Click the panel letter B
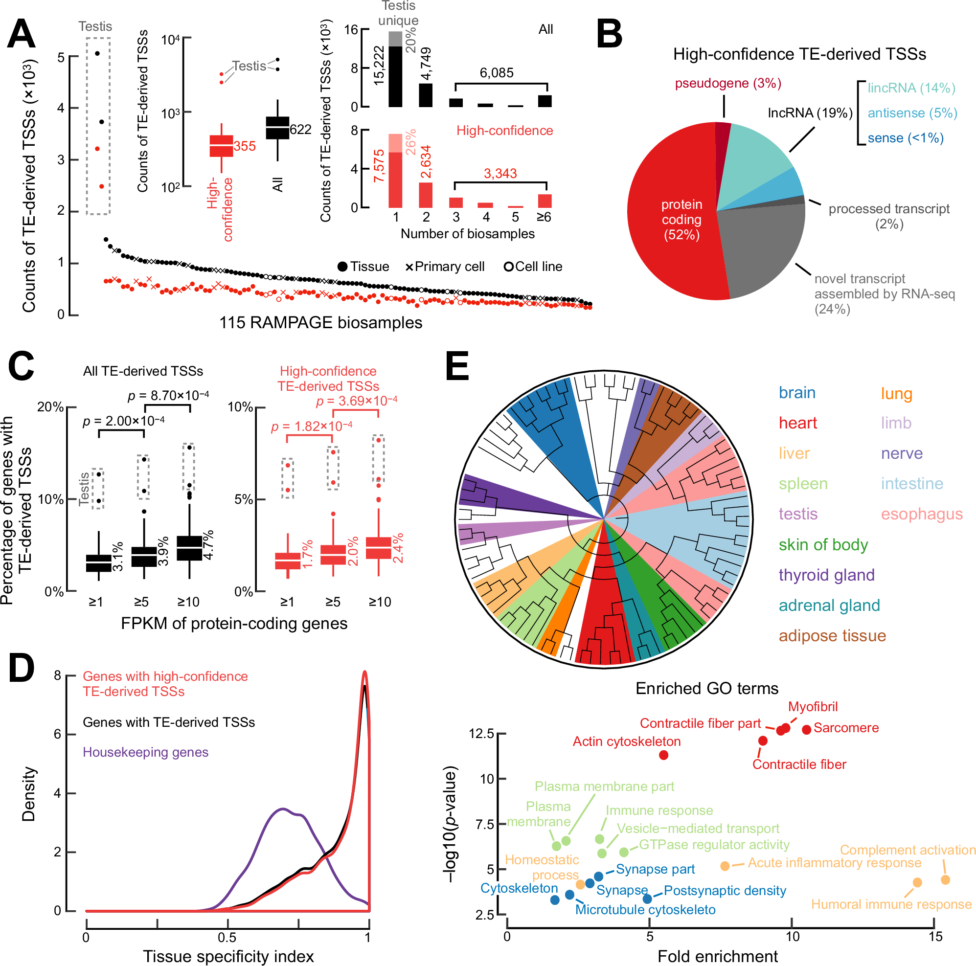[609, 34]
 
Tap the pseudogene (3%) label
[728, 83]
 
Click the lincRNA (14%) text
[911, 88]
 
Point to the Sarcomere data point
[806, 729]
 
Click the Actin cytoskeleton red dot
[664, 754]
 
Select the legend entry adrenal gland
[829, 605]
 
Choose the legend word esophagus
[921, 514]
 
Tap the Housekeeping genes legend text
[145, 752]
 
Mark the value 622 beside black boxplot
[300, 130]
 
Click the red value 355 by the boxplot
[245, 146]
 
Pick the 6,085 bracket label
[497, 73]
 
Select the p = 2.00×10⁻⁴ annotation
[123, 421]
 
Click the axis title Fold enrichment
[717, 956]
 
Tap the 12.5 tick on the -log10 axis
[481, 733]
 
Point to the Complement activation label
[908, 850]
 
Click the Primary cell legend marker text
[449, 267]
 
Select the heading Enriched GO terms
[707, 688]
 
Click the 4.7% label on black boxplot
[208, 545]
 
